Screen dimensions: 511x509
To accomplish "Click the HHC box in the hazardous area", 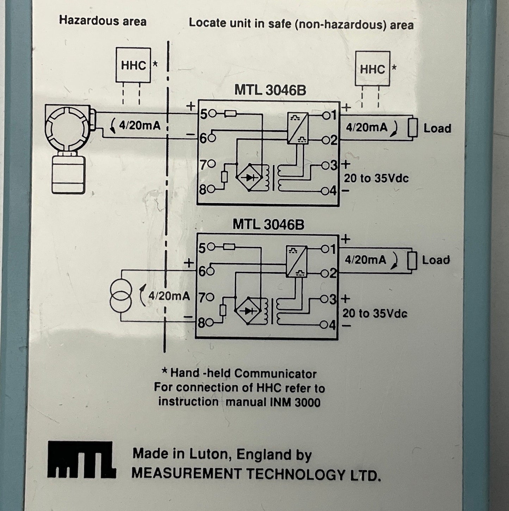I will (x=133, y=65).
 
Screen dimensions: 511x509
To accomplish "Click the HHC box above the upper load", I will (x=372, y=69).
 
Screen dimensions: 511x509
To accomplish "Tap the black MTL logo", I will (x=82, y=460).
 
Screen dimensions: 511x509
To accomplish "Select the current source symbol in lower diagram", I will (x=121, y=296).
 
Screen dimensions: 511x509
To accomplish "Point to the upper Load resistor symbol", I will (x=412, y=128).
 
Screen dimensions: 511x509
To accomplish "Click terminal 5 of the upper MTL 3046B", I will (x=212, y=114).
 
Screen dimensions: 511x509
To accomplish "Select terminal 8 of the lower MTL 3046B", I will (x=210, y=322).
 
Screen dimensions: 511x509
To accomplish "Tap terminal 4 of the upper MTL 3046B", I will (x=325, y=191).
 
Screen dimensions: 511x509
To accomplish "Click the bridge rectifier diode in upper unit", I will (x=249, y=177).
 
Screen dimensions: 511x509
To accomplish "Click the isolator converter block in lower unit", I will (x=296, y=261).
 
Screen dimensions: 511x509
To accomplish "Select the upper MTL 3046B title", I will (x=270, y=90).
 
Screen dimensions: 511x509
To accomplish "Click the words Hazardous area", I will (x=103, y=21).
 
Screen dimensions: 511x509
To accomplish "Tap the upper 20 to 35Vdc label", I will (x=376, y=178).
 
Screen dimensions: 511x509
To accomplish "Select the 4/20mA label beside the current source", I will (x=169, y=296).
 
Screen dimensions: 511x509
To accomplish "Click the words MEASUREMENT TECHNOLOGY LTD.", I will (x=256, y=474).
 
